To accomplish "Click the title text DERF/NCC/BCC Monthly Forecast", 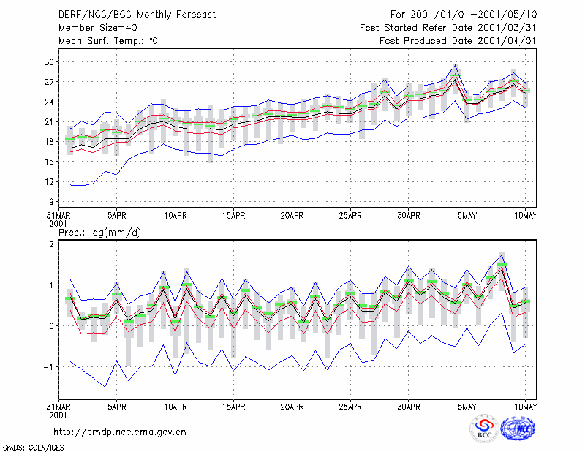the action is [137, 15].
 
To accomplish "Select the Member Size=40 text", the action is [98, 28].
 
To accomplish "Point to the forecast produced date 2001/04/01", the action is [507, 41].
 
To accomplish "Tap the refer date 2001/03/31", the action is [507, 28].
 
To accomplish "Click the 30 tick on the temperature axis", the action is [49, 62].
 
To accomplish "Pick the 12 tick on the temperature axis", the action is [49, 182].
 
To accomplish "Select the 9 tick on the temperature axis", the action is [51, 202].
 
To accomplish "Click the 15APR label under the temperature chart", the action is [233, 216].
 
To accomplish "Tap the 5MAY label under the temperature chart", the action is [467, 216].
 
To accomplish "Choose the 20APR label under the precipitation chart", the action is [292, 407].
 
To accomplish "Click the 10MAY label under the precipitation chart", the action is [525, 407].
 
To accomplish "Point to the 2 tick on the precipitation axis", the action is [51, 244].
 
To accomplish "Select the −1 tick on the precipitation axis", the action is [48, 367].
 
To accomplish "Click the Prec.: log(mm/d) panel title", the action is [99, 233].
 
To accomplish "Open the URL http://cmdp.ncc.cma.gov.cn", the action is [120, 432].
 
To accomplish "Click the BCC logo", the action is [484, 429].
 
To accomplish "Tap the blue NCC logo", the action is [518, 429].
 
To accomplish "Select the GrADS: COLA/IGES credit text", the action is [33, 448].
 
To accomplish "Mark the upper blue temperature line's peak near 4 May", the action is [455, 64].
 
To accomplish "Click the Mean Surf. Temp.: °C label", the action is [108, 41].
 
